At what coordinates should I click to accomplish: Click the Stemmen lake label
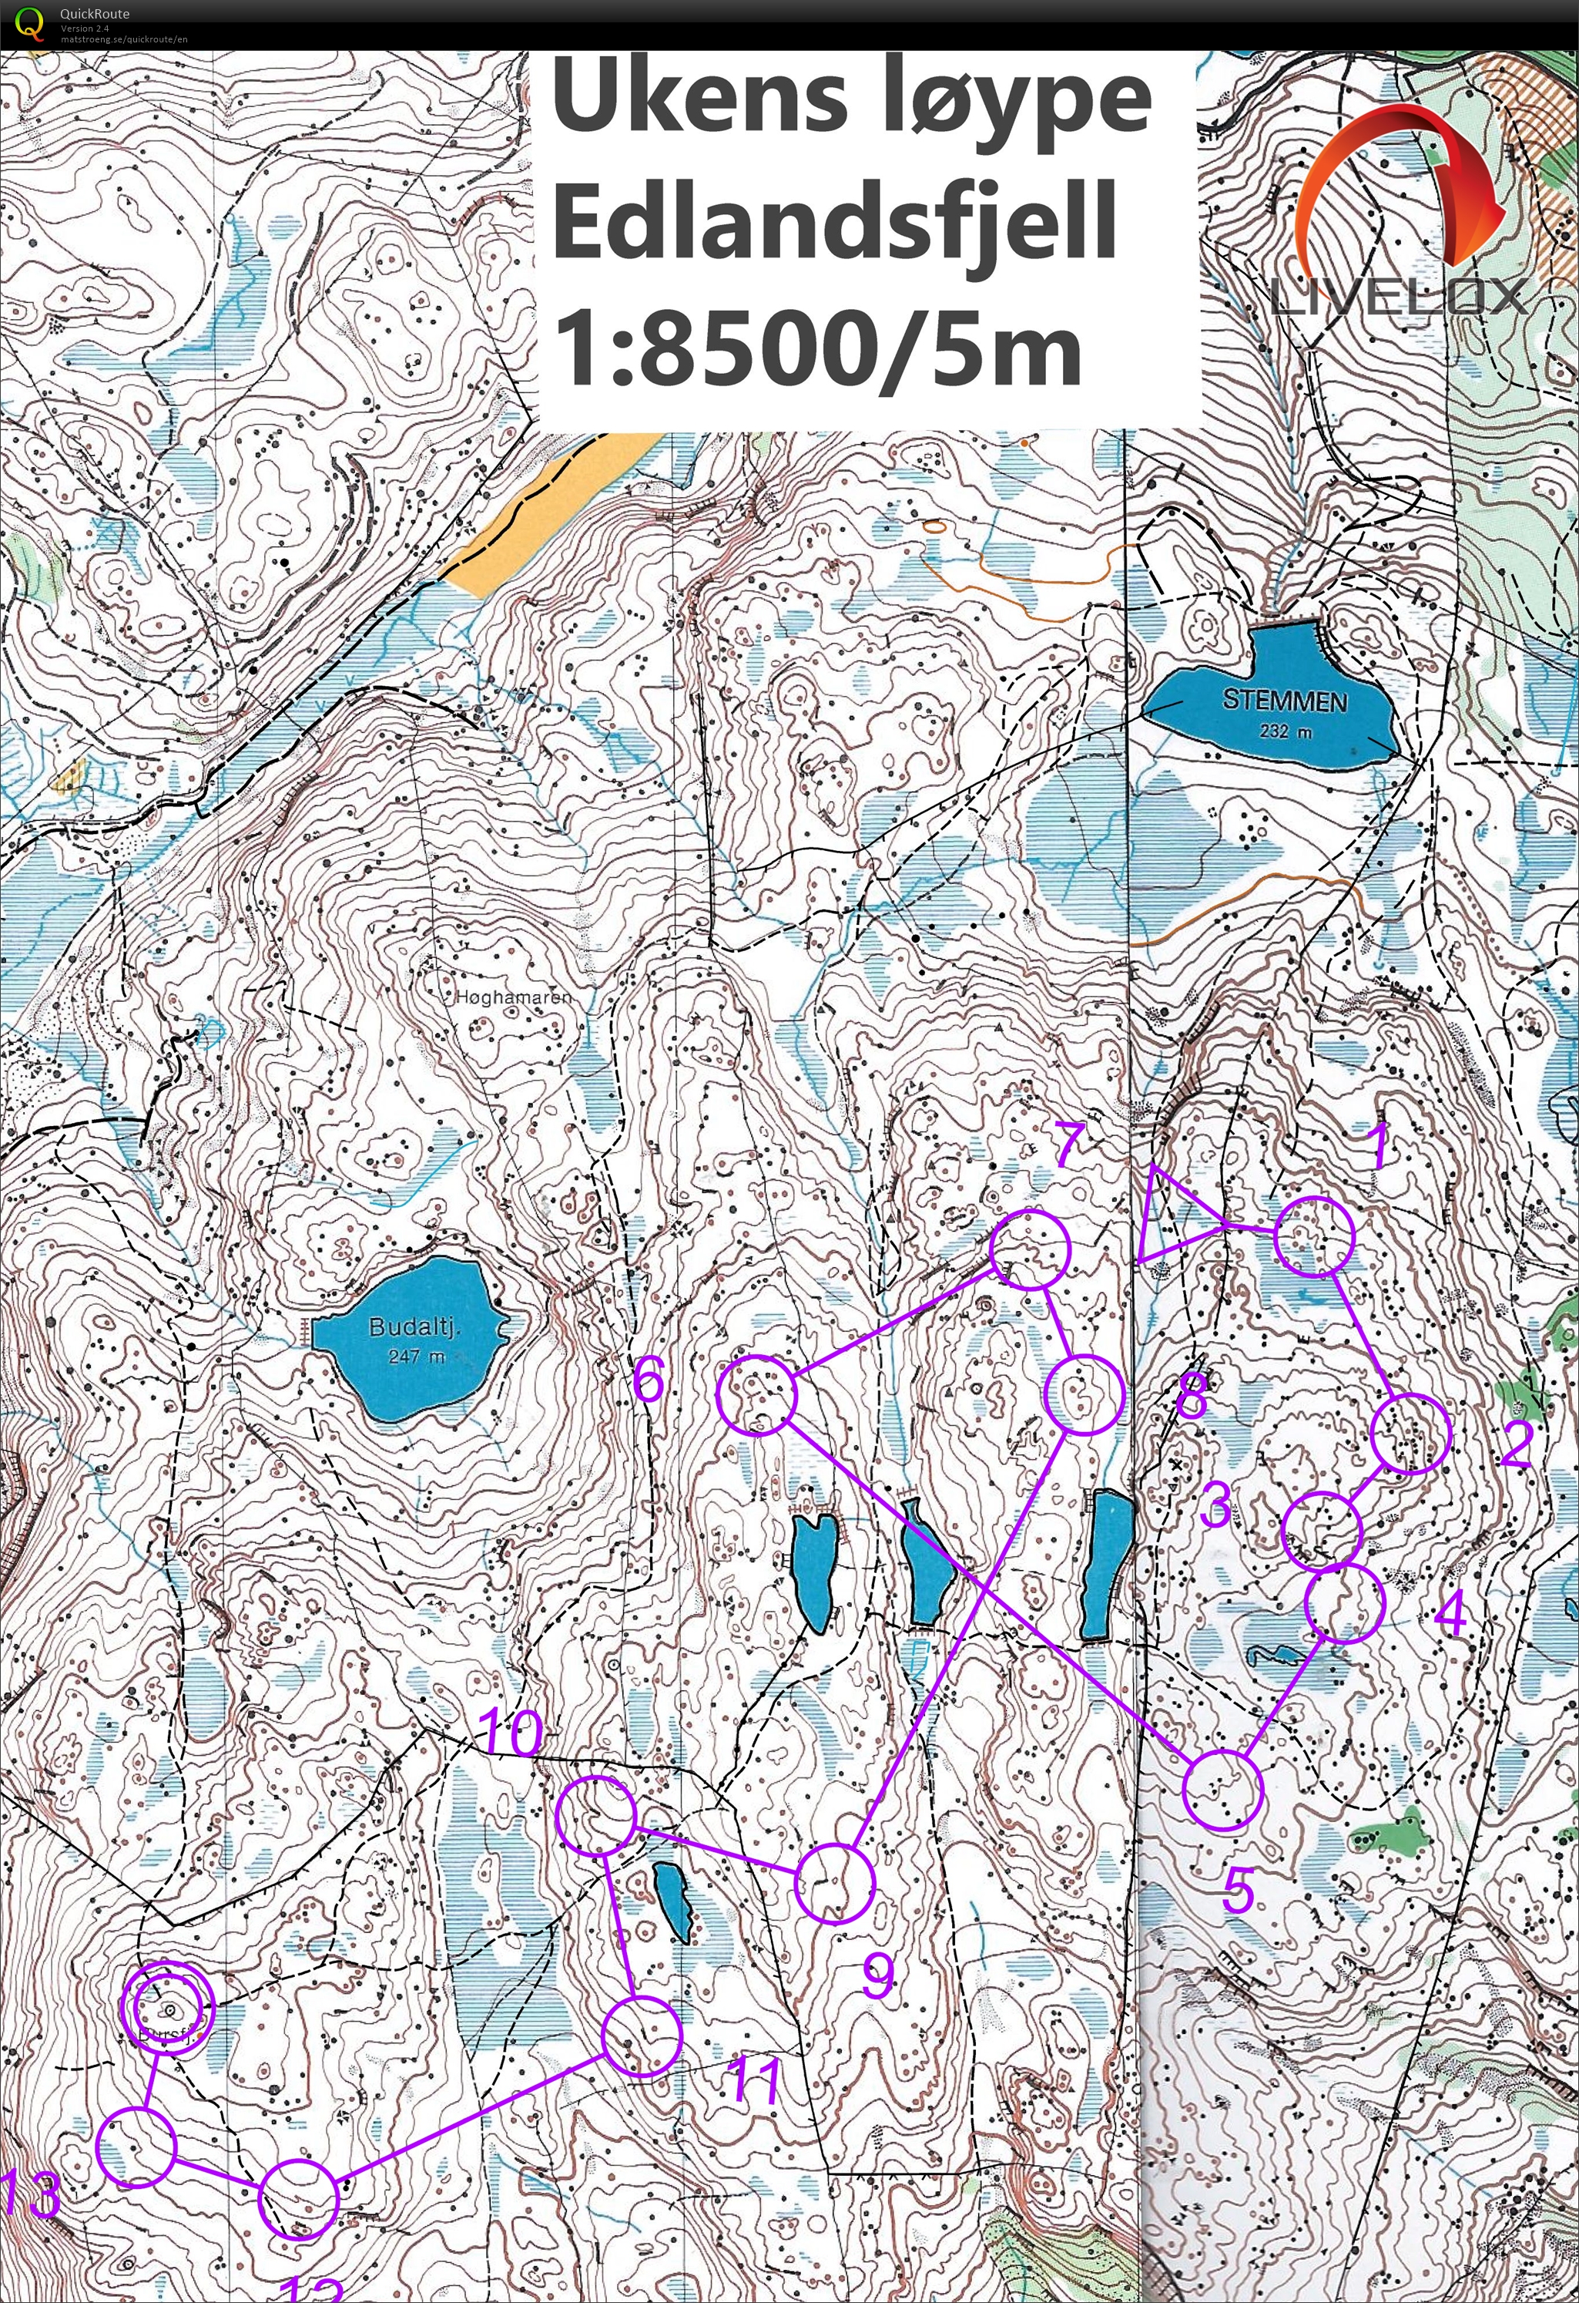[x=1285, y=701]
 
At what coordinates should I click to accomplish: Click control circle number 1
[x=1313, y=1237]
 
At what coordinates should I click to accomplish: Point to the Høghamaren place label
[x=513, y=997]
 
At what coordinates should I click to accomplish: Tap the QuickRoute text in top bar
[x=94, y=13]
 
